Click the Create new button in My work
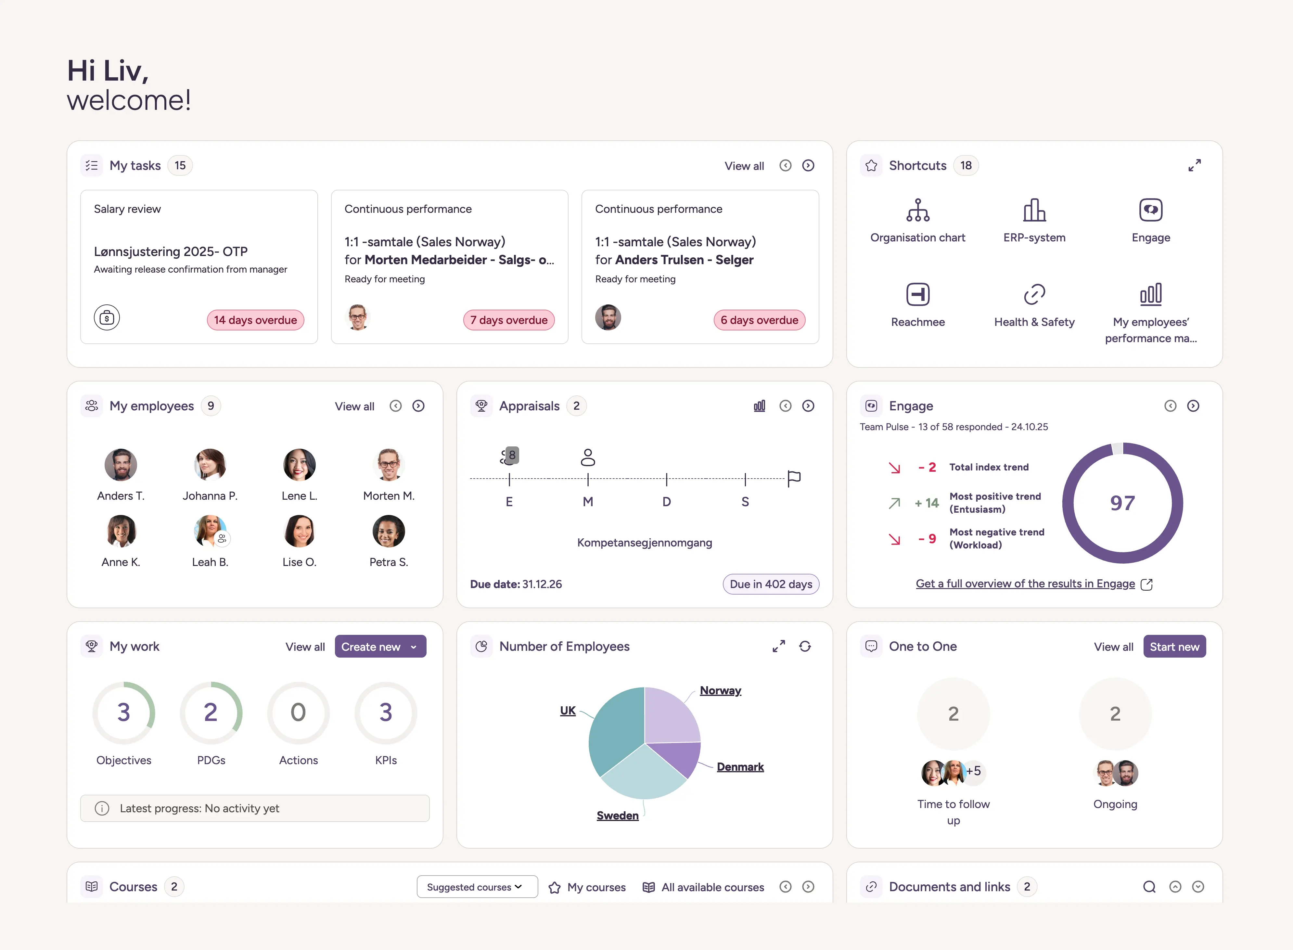pyautogui.click(x=379, y=646)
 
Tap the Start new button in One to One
pyautogui.click(x=1174, y=646)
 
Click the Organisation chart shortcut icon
pyautogui.click(x=917, y=211)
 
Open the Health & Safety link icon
pyautogui.click(x=1034, y=294)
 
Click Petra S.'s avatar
pyautogui.click(x=389, y=531)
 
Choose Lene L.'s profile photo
pyautogui.click(x=299, y=465)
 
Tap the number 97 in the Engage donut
pyautogui.click(x=1122, y=503)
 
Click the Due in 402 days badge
pyautogui.click(x=770, y=584)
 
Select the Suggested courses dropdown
pyautogui.click(x=477, y=887)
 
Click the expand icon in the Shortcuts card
pyautogui.click(x=1194, y=166)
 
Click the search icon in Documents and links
pyautogui.click(x=1149, y=887)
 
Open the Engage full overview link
pyautogui.click(x=1025, y=584)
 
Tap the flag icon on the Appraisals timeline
pyautogui.click(x=794, y=478)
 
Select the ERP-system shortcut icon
pyautogui.click(x=1034, y=211)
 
